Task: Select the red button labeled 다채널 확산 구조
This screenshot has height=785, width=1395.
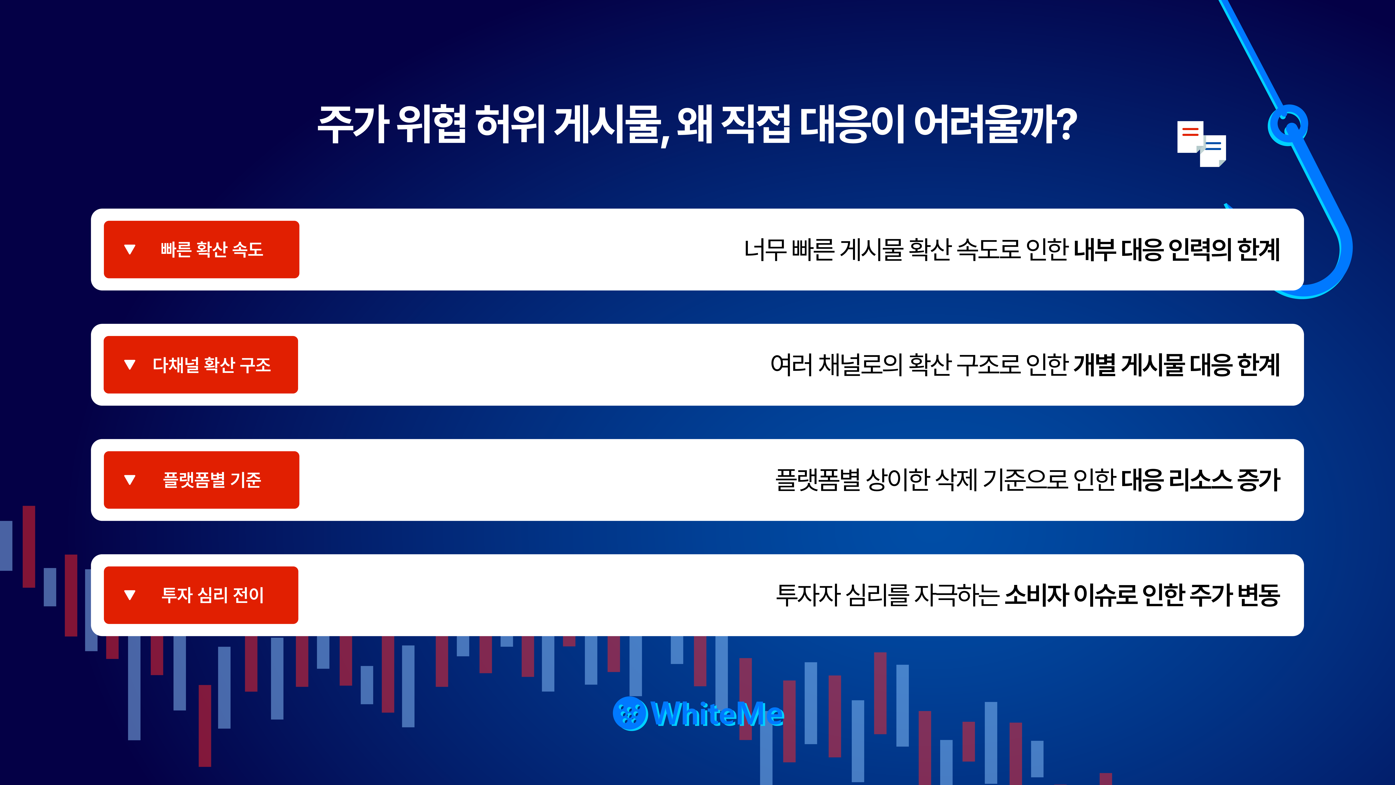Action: (x=201, y=365)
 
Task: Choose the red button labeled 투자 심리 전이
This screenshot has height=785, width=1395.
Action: (x=201, y=595)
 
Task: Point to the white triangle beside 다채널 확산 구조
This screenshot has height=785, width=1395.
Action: (x=130, y=365)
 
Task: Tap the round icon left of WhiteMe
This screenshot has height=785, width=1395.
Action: (x=630, y=714)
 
